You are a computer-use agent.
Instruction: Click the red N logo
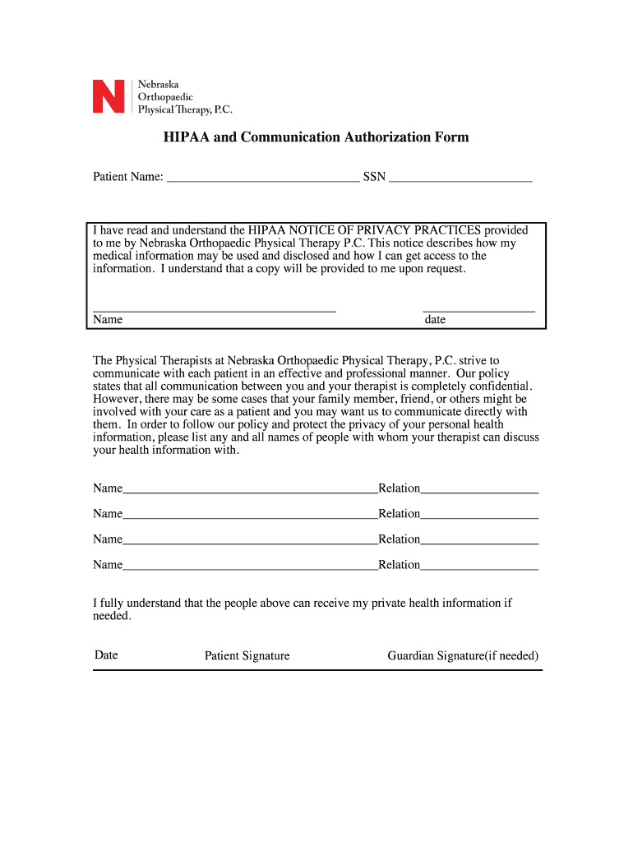point(109,96)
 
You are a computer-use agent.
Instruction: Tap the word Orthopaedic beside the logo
point(165,96)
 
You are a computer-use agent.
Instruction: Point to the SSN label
point(374,177)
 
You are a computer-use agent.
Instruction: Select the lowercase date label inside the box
point(435,320)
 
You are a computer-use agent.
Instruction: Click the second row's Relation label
point(400,514)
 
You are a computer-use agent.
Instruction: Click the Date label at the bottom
point(106,655)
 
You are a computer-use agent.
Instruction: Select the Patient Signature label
point(247,656)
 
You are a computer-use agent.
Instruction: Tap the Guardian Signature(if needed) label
point(463,656)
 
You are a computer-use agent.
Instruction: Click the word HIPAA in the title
point(186,137)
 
